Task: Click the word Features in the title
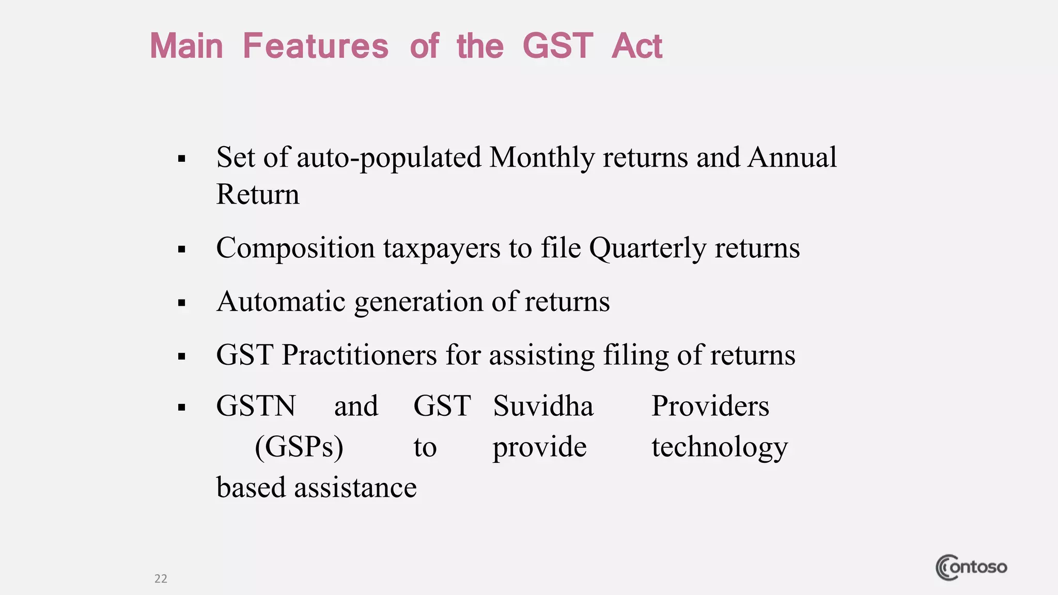click(315, 46)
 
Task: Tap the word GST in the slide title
click(557, 46)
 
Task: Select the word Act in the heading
click(636, 46)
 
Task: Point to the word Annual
click(792, 158)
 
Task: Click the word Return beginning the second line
click(258, 195)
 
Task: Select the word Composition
click(295, 248)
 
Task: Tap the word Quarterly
click(647, 248)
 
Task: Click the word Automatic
click(281, 302)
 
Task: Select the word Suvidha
click(543, 406)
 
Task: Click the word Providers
click(710, 406)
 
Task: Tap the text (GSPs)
click(299, 447)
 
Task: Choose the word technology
click(720, 447)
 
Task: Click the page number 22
click(161, 578)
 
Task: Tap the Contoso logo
click(971, 567)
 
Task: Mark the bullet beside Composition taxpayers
click(181, 249)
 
